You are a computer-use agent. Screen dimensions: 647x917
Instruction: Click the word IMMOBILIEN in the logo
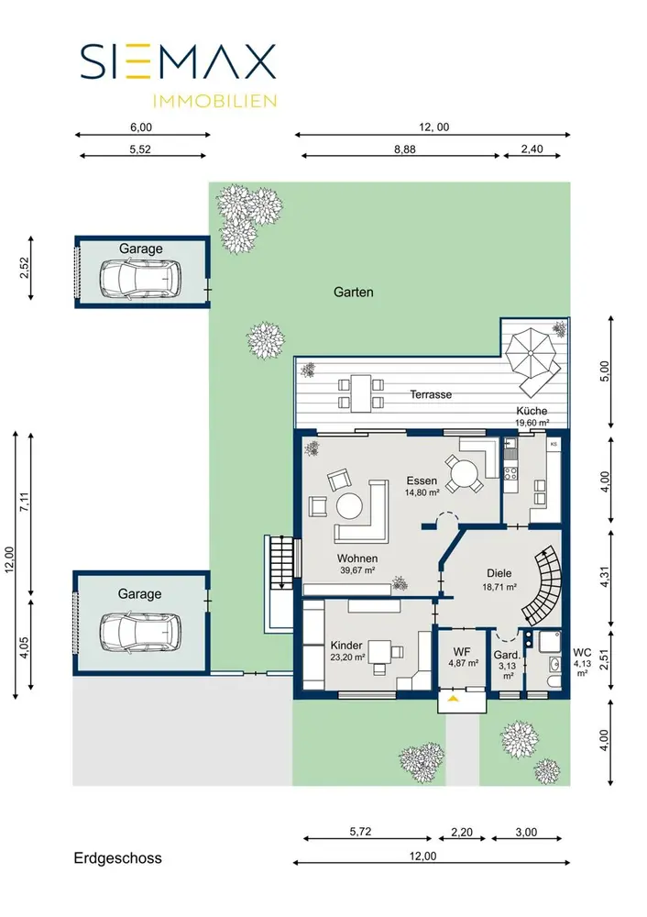[214, 101]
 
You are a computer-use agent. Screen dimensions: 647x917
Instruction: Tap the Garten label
[353, 292]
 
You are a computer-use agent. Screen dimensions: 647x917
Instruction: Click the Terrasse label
[431, 394]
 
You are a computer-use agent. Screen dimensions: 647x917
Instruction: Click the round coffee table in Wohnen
[349, 506]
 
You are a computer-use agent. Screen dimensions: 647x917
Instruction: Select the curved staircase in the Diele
[544, 585]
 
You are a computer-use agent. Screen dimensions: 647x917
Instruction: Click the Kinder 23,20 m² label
[347, 650]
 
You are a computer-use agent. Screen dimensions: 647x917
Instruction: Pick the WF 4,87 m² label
[463, 657]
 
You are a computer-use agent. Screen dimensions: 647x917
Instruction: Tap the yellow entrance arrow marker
[453, 698]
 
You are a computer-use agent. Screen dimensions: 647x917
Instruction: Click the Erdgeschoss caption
[117, 858]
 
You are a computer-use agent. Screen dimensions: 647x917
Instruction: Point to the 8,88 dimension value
[404, 149]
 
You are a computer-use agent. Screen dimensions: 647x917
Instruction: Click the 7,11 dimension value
[24, 502]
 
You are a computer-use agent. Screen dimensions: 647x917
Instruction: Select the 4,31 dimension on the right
[605, 577]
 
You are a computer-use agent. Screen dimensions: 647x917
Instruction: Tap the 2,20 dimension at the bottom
[462, 833]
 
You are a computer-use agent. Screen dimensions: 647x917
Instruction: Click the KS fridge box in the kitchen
[554, 445]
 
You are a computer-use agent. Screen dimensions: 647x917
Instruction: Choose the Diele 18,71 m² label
[499, 580]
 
